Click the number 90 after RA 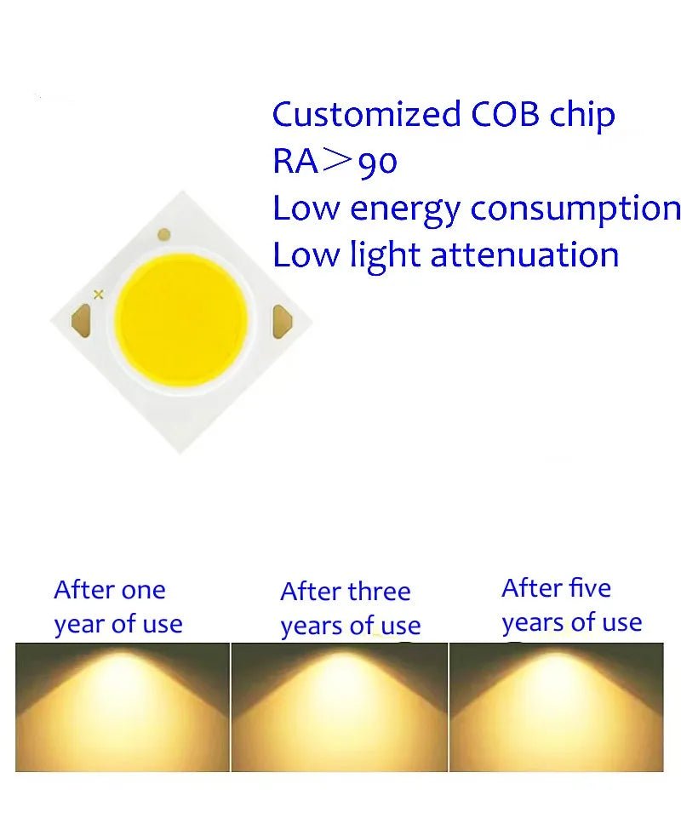point(377,162)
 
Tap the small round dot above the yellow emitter point(164,234)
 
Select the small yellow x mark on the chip point(99,294)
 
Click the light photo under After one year point(123,707)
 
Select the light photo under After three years point(340,707)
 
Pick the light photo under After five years point(557,707)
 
